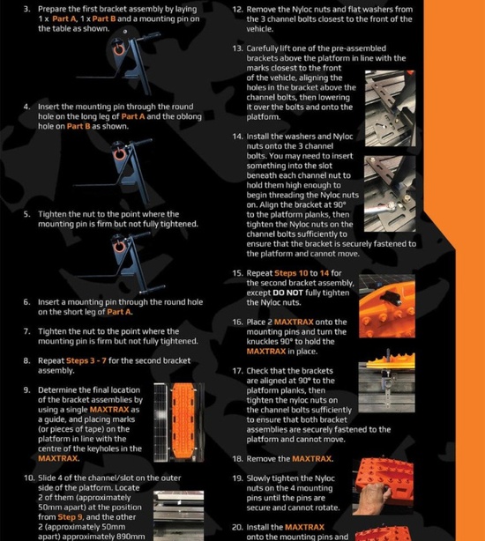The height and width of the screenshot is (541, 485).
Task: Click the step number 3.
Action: coord(26,9)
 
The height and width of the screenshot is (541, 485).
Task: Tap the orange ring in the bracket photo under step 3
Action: coord(119,49)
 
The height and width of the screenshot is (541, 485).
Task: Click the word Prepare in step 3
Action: coord(51,10)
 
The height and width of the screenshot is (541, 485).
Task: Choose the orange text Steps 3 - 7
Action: coord(86,360)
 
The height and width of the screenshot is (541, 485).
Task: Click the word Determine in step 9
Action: coord(55,389)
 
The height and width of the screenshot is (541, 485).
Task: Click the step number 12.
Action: coord(238,10)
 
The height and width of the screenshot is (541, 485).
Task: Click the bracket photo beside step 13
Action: coord(391,108)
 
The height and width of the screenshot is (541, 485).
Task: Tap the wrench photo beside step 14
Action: coord(390,194)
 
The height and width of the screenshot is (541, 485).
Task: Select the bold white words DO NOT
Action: coord(287,293)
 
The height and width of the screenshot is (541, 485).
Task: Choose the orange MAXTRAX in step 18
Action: coord(311,459)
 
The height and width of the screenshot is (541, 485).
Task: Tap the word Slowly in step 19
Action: coord(258,478)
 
